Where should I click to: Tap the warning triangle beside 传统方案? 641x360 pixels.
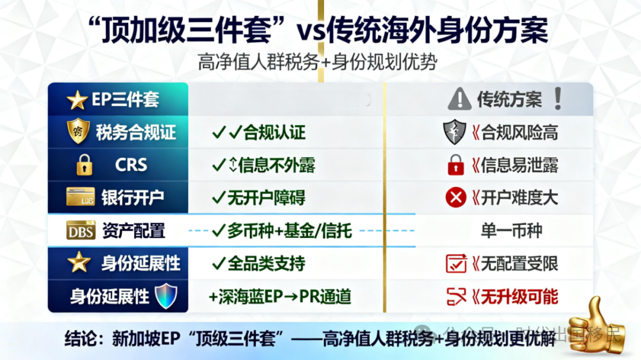[459, 100]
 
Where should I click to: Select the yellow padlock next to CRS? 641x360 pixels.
[84, 165]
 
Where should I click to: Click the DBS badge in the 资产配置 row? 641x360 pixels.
[81, 230]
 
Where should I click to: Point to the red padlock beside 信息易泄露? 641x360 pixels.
[456, 165]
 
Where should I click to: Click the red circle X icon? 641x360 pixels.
[456, 197]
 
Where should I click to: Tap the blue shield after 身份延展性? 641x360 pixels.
[166, 295]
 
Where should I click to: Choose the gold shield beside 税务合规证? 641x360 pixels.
[78, 132]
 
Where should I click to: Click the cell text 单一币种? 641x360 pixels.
[511, 230]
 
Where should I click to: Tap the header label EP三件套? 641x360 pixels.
[125, 100]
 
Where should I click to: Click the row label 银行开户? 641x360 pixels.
[132, 197]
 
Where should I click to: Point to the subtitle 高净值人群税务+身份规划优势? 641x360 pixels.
[318, 62]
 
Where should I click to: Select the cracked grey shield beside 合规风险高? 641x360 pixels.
[455, 132]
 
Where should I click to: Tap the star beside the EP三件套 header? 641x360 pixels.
[77, 100]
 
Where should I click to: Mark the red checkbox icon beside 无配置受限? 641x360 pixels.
[456, 263]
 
